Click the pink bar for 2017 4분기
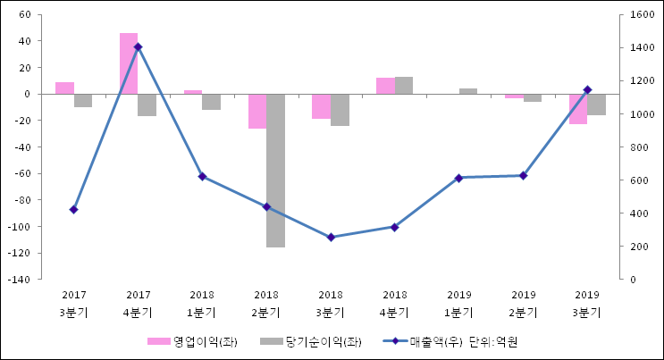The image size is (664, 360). point(129,63)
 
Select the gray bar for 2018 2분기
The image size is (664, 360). point(275,170)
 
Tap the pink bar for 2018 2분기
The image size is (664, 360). point(257,111)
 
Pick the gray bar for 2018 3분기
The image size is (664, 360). point(340,109)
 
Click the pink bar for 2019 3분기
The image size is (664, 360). point(578,108)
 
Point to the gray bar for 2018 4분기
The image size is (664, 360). point(404,85)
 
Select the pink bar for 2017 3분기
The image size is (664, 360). point(64,88)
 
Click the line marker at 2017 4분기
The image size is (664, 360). point(138,46)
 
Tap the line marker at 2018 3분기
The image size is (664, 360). point(331,238)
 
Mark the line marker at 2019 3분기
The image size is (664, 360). point(587,89)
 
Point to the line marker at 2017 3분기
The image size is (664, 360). point(73,210)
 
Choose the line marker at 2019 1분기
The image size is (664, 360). point(459,178)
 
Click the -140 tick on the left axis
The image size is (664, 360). point(20,280)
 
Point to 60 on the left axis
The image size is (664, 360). point(24,15)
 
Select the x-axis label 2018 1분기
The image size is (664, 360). point(202,304)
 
